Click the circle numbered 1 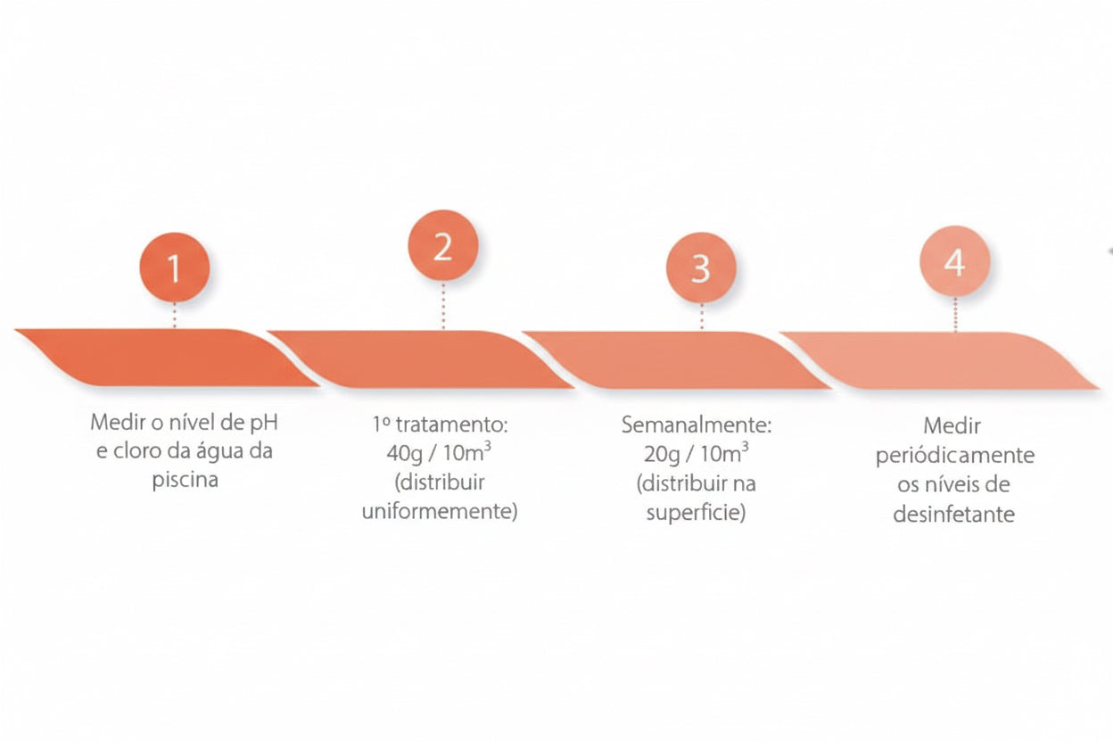tap(175, 268)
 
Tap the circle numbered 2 tap(443, 245)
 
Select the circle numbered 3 tap(701, 268)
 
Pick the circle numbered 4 tap(955, 261)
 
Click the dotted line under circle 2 tap(443, 306)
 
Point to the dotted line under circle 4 tap(955, 315)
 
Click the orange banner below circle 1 tap(167, 358)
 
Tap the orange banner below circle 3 tap(677, 360)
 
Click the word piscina tap(185, 480)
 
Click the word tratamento tap(451, 425)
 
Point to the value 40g tap(405, 454)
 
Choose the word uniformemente tap(440, 511)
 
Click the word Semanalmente tap(697, 425)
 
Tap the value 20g tap(662, 455)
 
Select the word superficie tap(697, 513)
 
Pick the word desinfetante tap(954, 515)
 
